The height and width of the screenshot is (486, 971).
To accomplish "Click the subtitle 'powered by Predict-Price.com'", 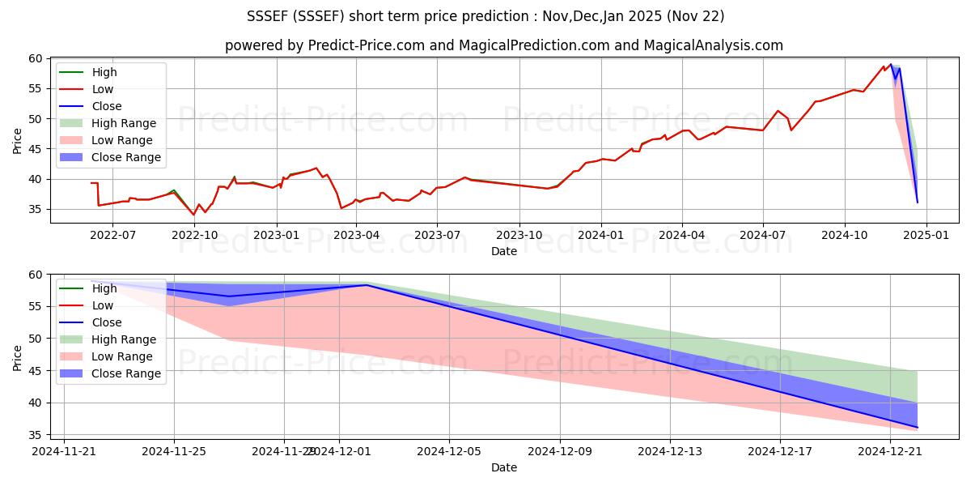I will (x=503, y=46).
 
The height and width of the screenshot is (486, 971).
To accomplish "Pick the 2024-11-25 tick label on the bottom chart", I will (x=174, y=451).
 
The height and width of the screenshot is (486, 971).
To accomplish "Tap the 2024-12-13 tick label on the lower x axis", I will (x=670, y=451).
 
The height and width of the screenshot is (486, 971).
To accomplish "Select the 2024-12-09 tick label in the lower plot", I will (x=560, y=451).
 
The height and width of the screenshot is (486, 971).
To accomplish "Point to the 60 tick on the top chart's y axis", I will (x=36, y=58).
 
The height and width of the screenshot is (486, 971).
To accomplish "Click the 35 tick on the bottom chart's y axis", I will (x=36, y=435).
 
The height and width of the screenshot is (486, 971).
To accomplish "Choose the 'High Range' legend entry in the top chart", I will (x=124, y=123).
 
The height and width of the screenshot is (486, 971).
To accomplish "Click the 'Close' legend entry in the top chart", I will (x=107, y=106).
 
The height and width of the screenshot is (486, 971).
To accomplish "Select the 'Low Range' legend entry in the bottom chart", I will (x=122, y=356).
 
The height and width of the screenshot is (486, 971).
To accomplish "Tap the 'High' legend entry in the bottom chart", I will (x=104, y=288).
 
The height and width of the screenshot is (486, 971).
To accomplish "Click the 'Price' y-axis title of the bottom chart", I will (x=18, y=356).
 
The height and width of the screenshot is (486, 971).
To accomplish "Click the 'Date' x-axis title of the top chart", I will (x=503, y=251).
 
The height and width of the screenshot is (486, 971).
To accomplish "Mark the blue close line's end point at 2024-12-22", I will (x=918, y=427).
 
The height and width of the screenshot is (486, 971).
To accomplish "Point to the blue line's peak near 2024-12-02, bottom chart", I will (x=367, y=285).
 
